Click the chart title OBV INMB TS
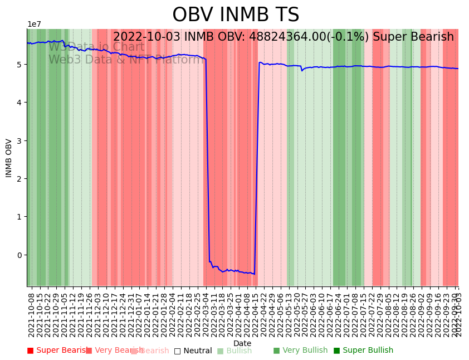(x=236, y=15)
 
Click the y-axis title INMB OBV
(x=9, y=158)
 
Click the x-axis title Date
(x=242, y=343)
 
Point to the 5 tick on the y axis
(x=22, y=65)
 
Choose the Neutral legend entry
(x=193, y=351)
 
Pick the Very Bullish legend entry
(x=300, y=351)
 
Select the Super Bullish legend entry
(x=363, y=351)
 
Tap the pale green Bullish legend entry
(x=234, y=351)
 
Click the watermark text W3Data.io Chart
(x=96, y=47)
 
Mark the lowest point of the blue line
(x=254, y=274)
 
